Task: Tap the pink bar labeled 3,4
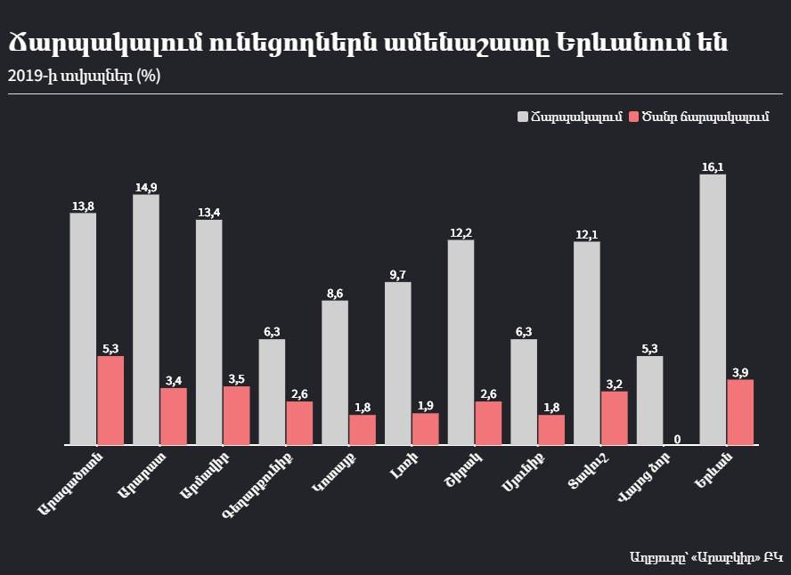(x=174, y=416)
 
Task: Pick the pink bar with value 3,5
(x=237, y=415)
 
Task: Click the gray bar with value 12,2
(x=461, y=342)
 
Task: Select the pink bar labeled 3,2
(x=615, y=417)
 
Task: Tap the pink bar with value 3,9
(x=740, y=411)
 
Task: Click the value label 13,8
(x=83, y=207)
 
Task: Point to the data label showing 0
(x=678, y=439)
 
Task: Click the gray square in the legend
(x=523, y=117)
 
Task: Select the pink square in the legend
(x=633, y=117)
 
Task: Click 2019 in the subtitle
(x=23, y=76)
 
